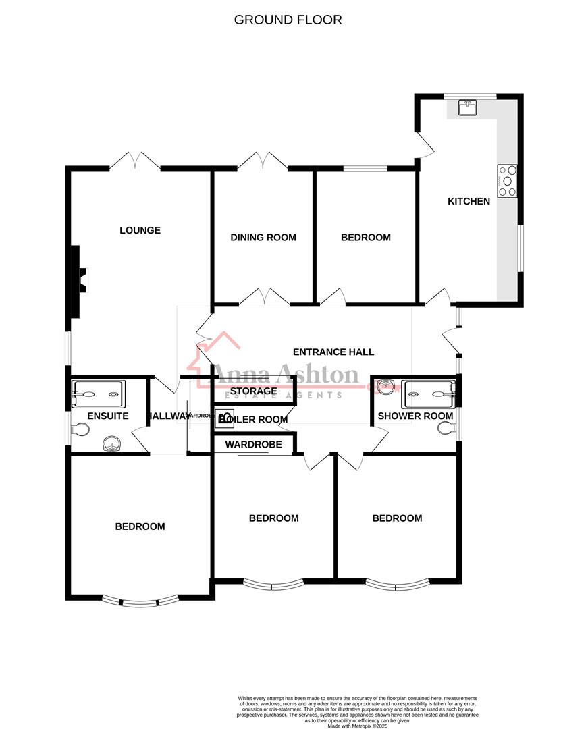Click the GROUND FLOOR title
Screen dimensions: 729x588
point(288,20)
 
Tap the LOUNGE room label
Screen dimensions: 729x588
point(140,230)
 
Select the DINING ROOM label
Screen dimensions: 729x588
point(263,237)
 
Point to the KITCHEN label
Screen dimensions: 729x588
point(469,201)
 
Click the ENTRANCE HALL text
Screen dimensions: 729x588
point(333,352)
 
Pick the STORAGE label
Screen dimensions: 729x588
point(253,391)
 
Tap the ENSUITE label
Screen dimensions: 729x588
point(108,416)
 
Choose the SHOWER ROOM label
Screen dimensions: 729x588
point(415,416)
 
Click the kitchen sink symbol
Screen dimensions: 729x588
point(467,107)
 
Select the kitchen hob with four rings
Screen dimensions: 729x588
point(507,181)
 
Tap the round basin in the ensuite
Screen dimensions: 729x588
point(110,443)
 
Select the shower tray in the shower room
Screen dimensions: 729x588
point(429,389)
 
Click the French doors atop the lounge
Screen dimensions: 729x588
point(136,161)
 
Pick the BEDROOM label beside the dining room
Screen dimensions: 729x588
point(365,237)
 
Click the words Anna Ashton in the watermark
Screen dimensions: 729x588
point(286,375)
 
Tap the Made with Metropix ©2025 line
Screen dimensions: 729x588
point(358,726)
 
